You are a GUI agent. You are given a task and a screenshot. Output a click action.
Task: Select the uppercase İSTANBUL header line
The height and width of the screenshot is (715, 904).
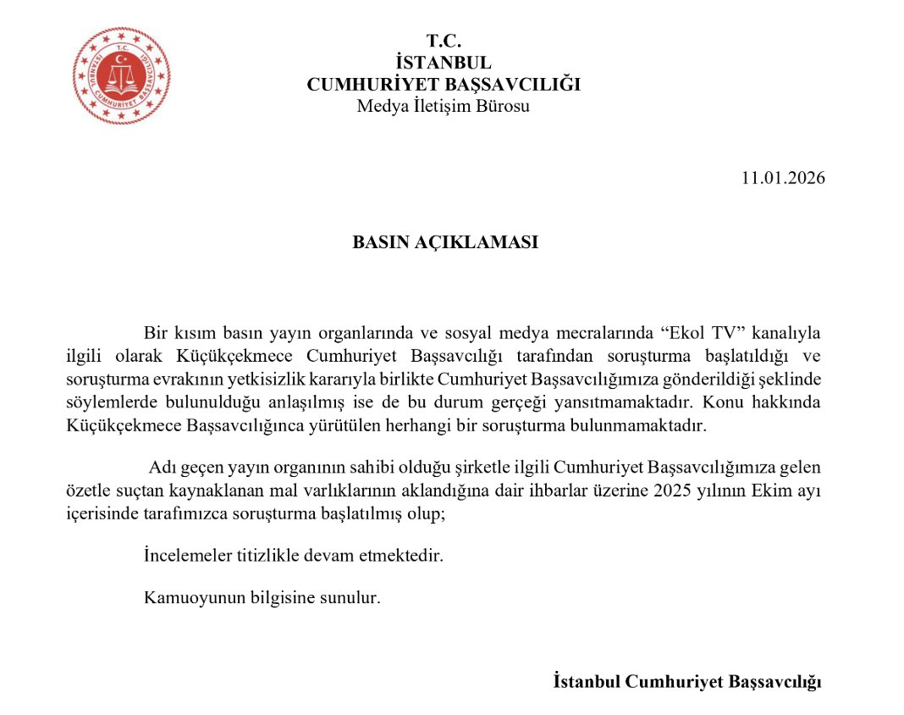pos(443,62)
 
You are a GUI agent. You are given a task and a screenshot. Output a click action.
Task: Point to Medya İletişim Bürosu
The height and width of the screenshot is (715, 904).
pos(443,106)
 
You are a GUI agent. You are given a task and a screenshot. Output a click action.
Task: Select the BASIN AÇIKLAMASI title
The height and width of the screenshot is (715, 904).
pos(445,241)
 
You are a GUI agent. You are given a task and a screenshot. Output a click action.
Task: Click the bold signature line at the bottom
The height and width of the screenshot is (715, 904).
pos(687,682)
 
